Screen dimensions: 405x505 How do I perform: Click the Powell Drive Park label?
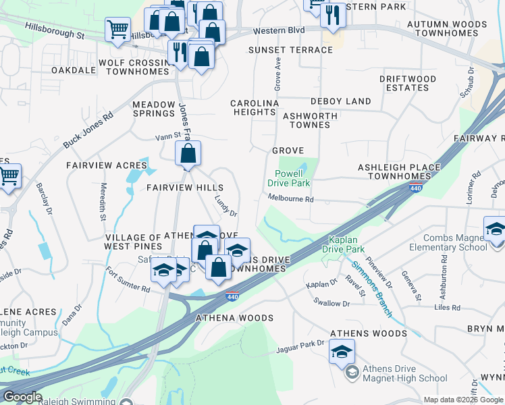coord(288,178)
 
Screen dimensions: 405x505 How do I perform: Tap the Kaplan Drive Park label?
coord(348,245)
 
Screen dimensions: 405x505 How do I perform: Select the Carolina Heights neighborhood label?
coord(255,107)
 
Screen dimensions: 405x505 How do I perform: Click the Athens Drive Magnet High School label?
coord(395,373)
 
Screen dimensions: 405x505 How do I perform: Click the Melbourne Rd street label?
coord(291,199)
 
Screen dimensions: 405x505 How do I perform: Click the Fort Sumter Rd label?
coord(128,279)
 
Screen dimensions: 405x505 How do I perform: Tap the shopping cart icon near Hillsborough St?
coord(117,30)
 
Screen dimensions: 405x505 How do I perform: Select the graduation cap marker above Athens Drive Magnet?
coord(342,351)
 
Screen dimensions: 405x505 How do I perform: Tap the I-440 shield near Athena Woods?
coord(232,296)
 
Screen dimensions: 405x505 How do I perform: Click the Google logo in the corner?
coord(22,397)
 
